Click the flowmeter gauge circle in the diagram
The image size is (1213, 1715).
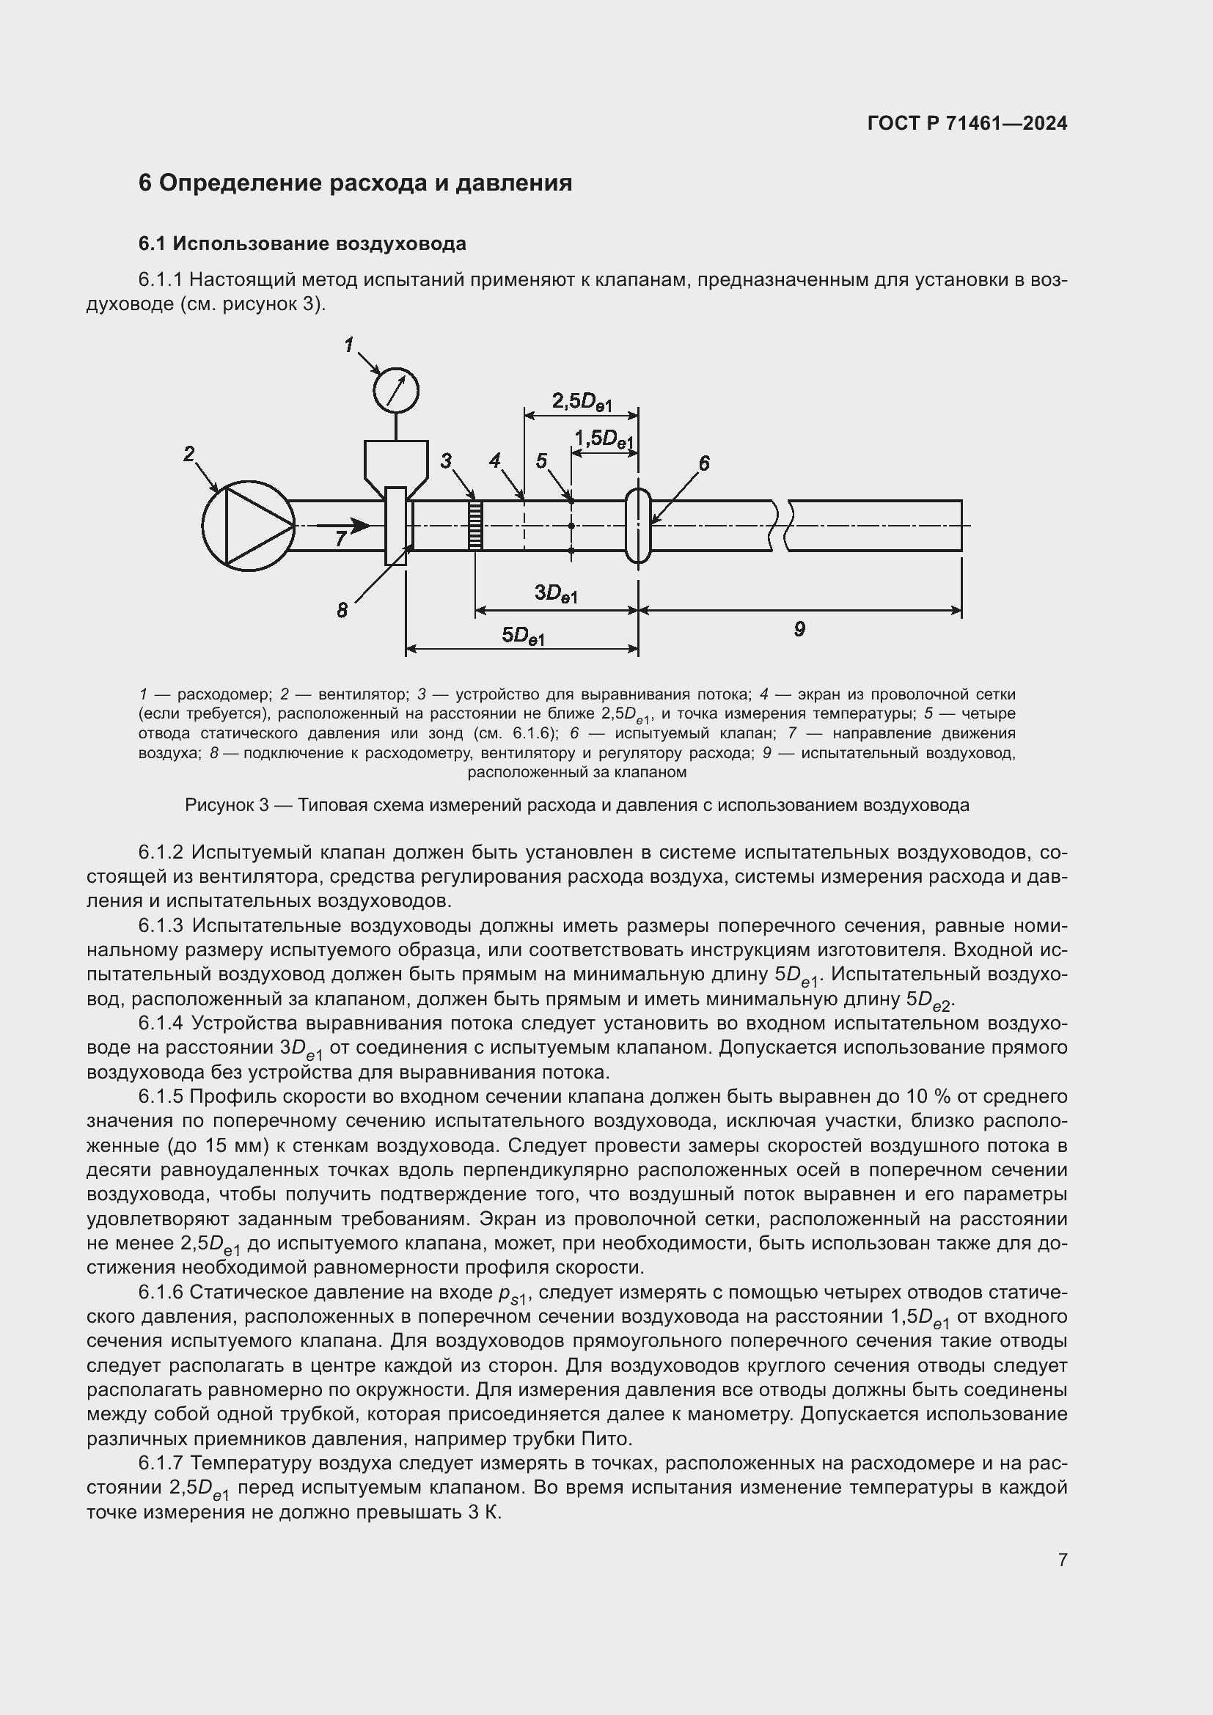click(x=396, y=390)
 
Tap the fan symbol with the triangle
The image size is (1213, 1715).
click(x=248, y=526)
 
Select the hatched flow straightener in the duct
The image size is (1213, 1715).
click(x=474, y=525)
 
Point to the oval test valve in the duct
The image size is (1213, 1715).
click(x=638, y=525)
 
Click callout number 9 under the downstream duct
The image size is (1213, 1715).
click(x=799, y=629)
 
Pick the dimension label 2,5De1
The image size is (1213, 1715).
click(x=582, y=403)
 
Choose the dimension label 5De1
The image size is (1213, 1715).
click(x=523, y=636)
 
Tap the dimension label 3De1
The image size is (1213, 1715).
click(x=556, y=593)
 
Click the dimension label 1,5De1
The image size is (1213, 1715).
click(x=604, y=438)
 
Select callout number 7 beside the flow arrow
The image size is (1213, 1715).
click(x=340, y=537)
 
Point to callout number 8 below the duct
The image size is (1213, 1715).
click(x=342, y=610)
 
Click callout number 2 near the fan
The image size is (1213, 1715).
click(x=189, y=453)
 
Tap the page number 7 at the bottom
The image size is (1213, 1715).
click(x=1062, y=1560)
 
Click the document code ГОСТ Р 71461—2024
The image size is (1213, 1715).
click(x=967, y=123)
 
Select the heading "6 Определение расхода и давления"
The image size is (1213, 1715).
click(x=355, y=183)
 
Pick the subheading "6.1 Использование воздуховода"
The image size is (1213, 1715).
click(x=301, y=243)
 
